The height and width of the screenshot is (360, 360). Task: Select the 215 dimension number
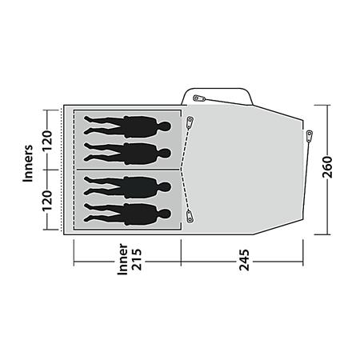(136, 262)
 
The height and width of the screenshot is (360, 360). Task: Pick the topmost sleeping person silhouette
(127, 126)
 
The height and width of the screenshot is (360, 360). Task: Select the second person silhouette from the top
(127, 151)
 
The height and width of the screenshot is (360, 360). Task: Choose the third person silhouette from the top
(127, 186)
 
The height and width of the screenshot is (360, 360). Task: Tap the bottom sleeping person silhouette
(127, 212)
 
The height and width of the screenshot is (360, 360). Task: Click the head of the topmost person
(164, 126)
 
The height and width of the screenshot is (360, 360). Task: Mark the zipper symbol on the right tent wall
(308, 136)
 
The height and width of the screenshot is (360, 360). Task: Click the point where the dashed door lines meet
(182, 169)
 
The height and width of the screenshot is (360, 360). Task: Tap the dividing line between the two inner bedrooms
(127, 169)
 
